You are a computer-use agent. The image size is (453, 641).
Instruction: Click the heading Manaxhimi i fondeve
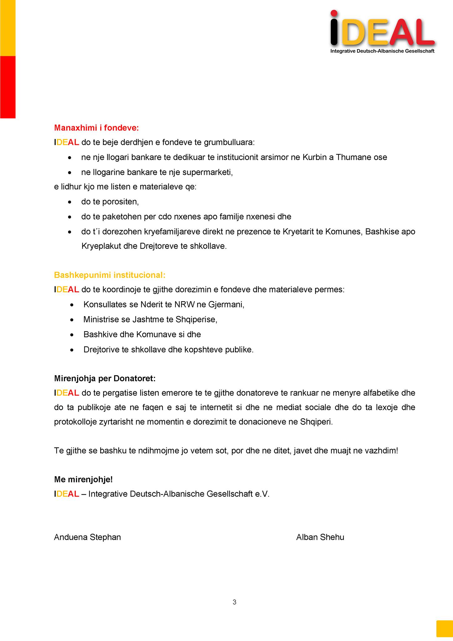[96, 128]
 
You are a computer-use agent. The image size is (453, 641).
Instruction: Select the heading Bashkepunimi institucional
[109, 275]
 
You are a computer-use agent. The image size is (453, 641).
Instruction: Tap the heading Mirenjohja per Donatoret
[105, 378]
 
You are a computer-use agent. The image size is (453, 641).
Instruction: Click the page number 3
[235, 602]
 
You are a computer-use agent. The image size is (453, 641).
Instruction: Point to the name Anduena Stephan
[87, 537]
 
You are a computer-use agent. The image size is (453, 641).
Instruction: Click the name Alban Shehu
[320, 537]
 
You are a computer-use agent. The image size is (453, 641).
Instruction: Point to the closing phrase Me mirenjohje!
[83, 479]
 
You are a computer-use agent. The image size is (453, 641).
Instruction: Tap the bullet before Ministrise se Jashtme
[72, 320]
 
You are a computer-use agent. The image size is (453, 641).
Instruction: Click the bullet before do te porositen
[70, 202]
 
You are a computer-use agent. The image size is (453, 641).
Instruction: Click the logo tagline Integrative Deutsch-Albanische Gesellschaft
[382, 51]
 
